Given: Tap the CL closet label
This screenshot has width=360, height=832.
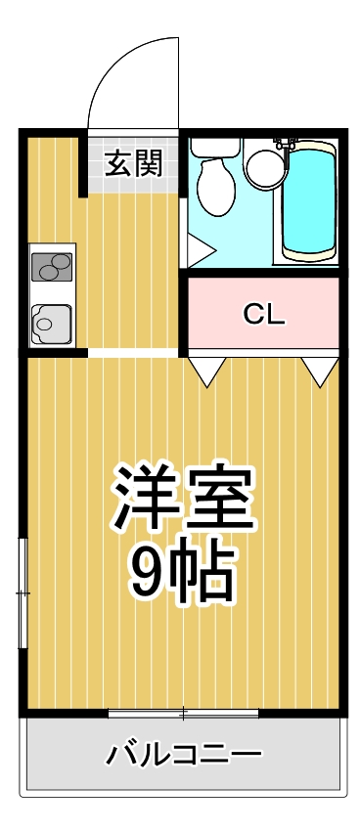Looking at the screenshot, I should (263, 314).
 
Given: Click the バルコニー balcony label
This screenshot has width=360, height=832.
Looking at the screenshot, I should (184, 754).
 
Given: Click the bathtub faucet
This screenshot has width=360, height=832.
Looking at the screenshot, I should (287, 144).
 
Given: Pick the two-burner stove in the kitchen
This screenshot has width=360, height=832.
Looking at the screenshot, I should (52, 266).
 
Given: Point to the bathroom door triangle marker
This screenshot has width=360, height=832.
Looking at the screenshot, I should (200, 248).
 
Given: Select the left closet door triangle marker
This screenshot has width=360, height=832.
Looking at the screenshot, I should (207, 370).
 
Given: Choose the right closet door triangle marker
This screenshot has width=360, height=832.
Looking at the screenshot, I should (318, 370).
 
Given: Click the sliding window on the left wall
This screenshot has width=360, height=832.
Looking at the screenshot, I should (22, 592).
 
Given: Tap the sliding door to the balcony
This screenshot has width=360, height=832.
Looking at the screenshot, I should (183, 713).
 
